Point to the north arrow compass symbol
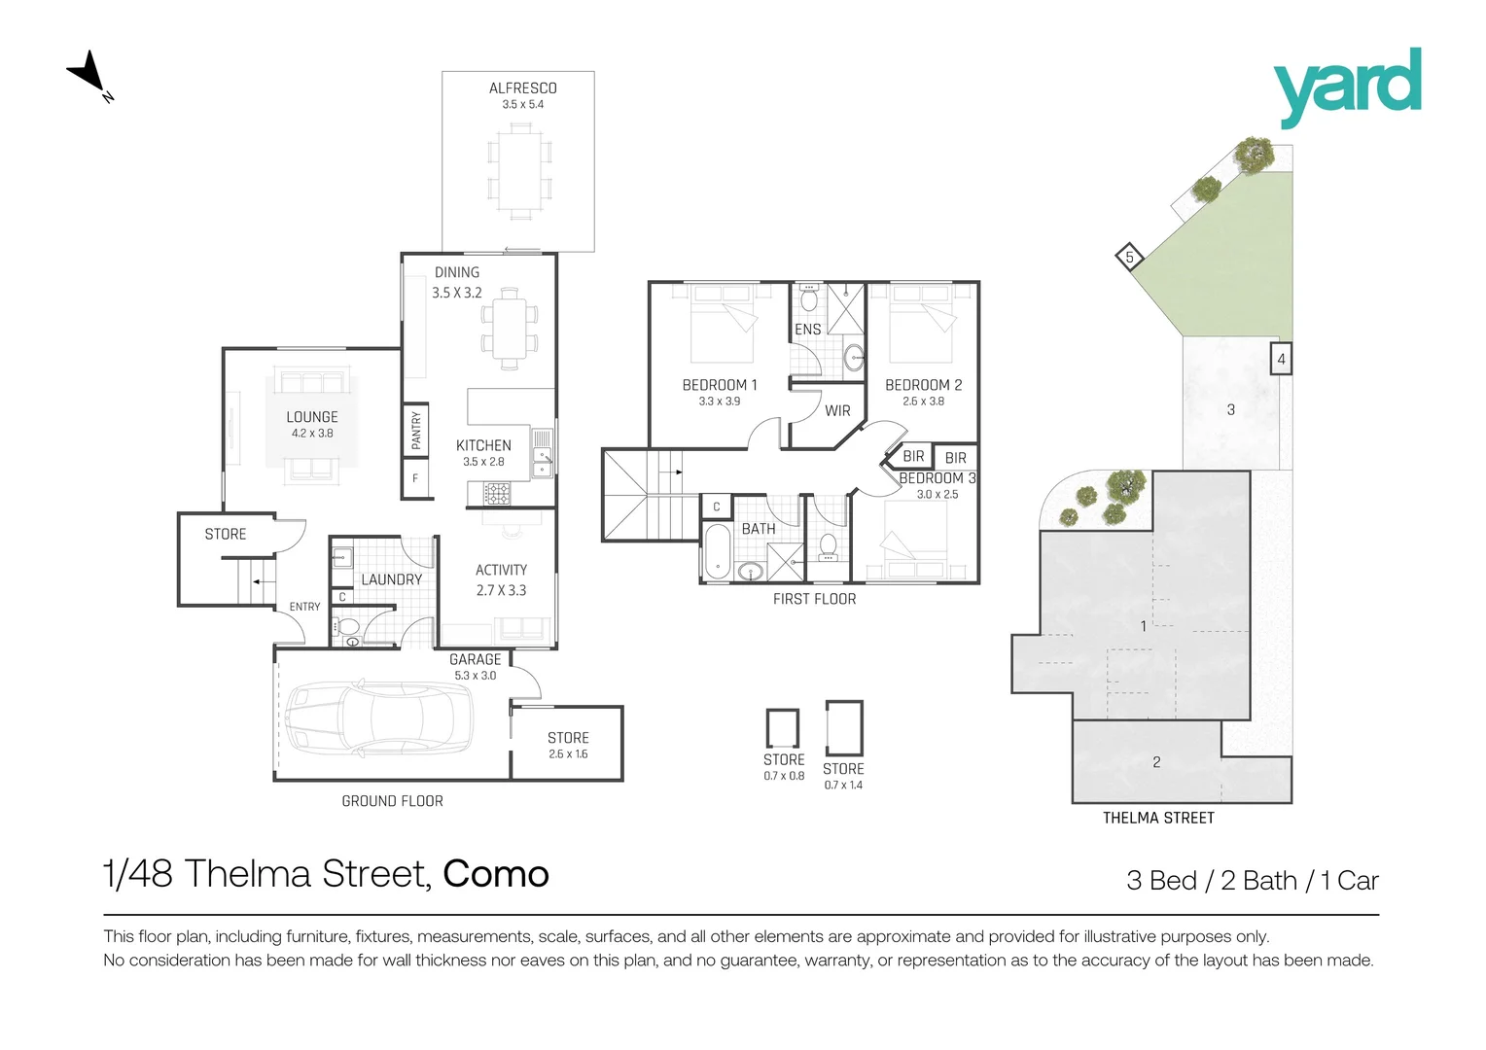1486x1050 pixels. pyautogui.click(x=88, y=74)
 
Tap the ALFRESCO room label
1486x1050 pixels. pyautogui.click(x=523, y=88)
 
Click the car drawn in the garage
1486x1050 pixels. pyautogui.click(x=379, y=717)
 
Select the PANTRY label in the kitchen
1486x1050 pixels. pyautogui.click(x=416, y=430)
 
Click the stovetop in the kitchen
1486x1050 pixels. pyautogui.click(x=497, y=494)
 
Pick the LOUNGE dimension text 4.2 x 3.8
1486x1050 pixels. pyautogui.click(x=312, y=434)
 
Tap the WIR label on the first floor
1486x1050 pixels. pyautogui.click(x=837, y=410)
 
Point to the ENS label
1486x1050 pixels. pyautogui.click(x=807, y=329)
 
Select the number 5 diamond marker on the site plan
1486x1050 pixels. pyautogui.click(x=1129, y=257)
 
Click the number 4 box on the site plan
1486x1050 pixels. pyautogui.click(x=1281, y=359)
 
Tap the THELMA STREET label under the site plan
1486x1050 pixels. pyautogui.click(x=1158, y=818)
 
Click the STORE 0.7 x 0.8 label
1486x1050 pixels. pyautogui.click(x=784, y=767)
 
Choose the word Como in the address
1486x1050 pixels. pyautogui.click(x=496, y=874)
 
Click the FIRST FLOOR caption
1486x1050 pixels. pyautogui.click(x=815, y=599)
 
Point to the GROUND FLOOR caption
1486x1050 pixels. pyautogui.click(x=392, y=801)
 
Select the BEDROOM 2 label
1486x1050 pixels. pyautogui.click(x=924, y=385)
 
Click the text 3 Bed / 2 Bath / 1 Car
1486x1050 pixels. pyautogui.click(x=1253, y=881)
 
